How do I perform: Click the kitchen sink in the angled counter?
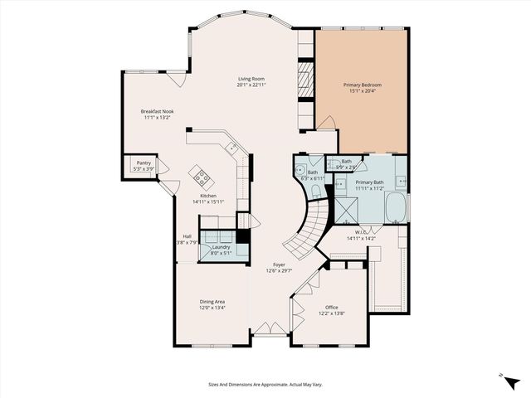coord(234,148)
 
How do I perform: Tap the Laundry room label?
coord(221,247)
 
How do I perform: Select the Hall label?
coord(188,236)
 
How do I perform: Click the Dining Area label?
coord(212,301)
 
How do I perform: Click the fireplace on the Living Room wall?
coord(304,83)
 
